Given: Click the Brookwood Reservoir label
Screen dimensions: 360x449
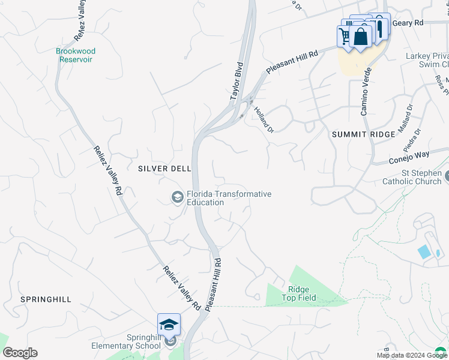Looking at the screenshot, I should tap(76, 55).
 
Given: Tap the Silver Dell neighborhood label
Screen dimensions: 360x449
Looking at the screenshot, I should tap(164, 169).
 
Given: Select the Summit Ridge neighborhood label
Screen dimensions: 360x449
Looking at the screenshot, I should tap(364, 134).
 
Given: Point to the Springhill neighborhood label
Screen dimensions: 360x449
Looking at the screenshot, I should tap(46, 299).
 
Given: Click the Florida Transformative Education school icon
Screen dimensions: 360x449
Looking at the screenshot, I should tap(177, 197).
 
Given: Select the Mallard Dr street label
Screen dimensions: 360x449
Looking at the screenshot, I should tap(406, 117).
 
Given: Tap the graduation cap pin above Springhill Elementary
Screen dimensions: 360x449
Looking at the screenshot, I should tap(169, 325).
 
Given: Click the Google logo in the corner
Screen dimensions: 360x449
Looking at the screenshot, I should tap(20, 353).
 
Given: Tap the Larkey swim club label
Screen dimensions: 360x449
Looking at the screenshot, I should tap(427, 60).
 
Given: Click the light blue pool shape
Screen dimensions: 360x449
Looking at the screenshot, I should tap(424, 252).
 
